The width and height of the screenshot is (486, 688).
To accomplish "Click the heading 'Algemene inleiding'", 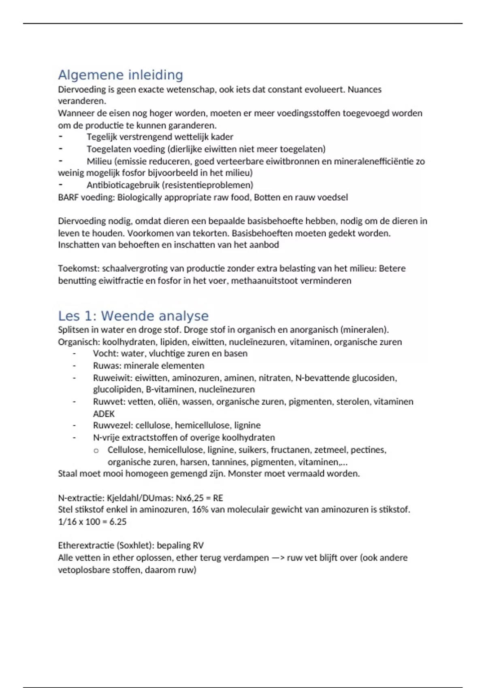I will [120, 75].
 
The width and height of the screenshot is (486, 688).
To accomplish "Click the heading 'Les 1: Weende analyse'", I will [133, 316].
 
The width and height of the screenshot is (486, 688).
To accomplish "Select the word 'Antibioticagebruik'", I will [123, 185].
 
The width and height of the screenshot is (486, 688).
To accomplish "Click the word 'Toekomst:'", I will [79, 269].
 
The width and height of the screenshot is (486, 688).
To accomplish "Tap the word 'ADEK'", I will [104, 414].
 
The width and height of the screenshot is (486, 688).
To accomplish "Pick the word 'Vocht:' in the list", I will [106, 354].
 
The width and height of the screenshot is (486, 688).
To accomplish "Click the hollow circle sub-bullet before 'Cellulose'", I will [96, 450].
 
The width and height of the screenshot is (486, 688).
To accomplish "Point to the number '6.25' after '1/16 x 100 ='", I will [118, 522].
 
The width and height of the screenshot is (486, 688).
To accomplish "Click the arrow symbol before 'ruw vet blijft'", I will [278, 558].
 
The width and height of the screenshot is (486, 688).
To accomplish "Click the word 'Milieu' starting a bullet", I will [99, 161].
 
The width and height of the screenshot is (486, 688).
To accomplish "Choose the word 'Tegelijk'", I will [102, 137].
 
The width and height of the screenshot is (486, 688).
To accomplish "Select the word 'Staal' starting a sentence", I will [67, 474].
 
